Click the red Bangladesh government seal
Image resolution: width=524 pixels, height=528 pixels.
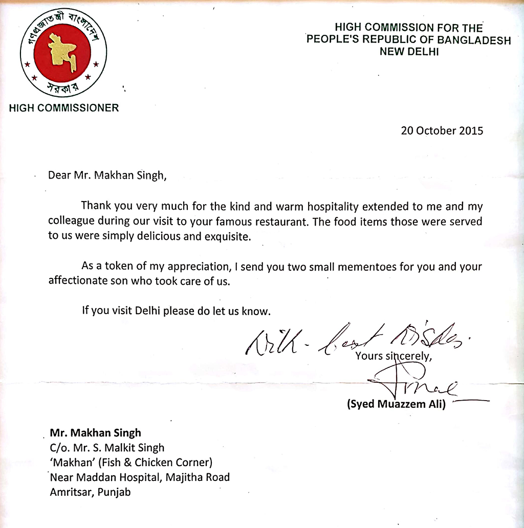[63, 53]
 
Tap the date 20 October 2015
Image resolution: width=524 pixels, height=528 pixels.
[442, 130]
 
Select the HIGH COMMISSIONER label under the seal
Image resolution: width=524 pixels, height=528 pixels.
[64, 108]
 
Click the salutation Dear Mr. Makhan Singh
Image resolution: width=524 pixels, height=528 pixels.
[107, 175]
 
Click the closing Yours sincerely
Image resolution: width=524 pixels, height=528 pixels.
[394, 356]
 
